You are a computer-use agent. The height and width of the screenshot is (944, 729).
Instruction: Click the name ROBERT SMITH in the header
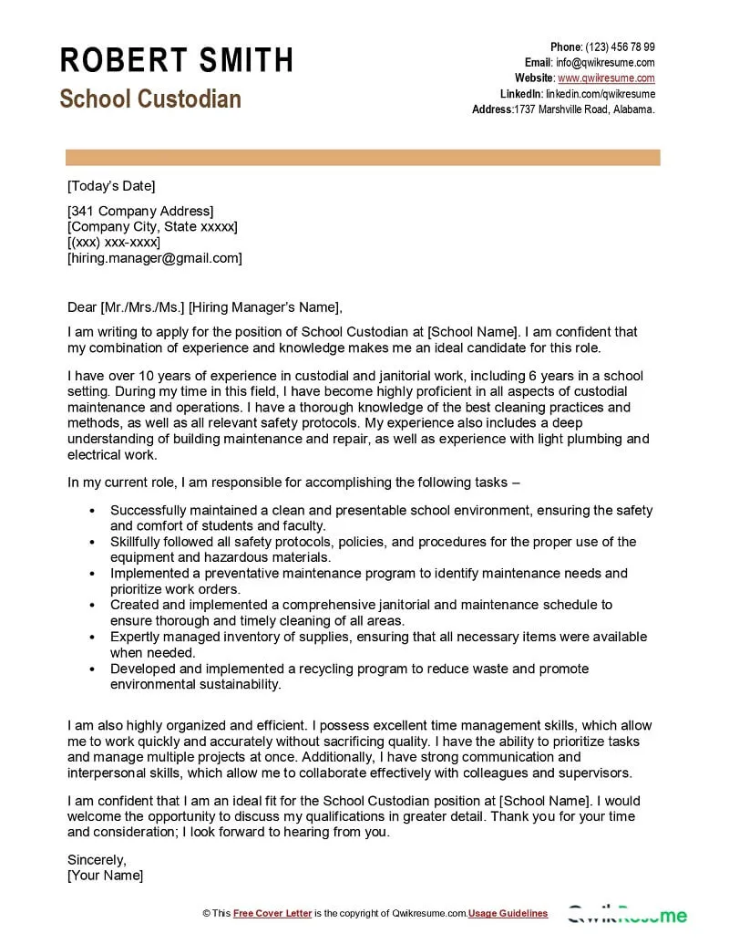[x=177, y=60]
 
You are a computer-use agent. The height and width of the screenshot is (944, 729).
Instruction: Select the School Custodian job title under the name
[x=150, y=99]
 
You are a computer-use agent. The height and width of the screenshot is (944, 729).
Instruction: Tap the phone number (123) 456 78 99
[x=620, y=47]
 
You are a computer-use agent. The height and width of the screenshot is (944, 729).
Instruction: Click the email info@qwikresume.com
[x=606, y=63]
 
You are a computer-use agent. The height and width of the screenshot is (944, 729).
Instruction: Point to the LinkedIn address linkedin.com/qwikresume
[x=600, y=94]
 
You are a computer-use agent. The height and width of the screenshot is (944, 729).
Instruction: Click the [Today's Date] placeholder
[x=111, y=186]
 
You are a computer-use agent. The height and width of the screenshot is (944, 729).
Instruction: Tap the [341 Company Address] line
[x=140, y=212]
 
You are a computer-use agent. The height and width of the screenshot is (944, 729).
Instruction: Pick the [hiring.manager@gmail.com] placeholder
[x=155, y=258]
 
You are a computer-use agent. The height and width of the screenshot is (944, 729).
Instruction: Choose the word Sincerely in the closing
[x=97, y=859]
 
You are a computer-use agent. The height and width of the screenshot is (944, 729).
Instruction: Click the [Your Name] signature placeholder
[x=106, y=876]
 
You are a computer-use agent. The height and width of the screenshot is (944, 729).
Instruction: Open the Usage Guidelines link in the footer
[x=508, y=913]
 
